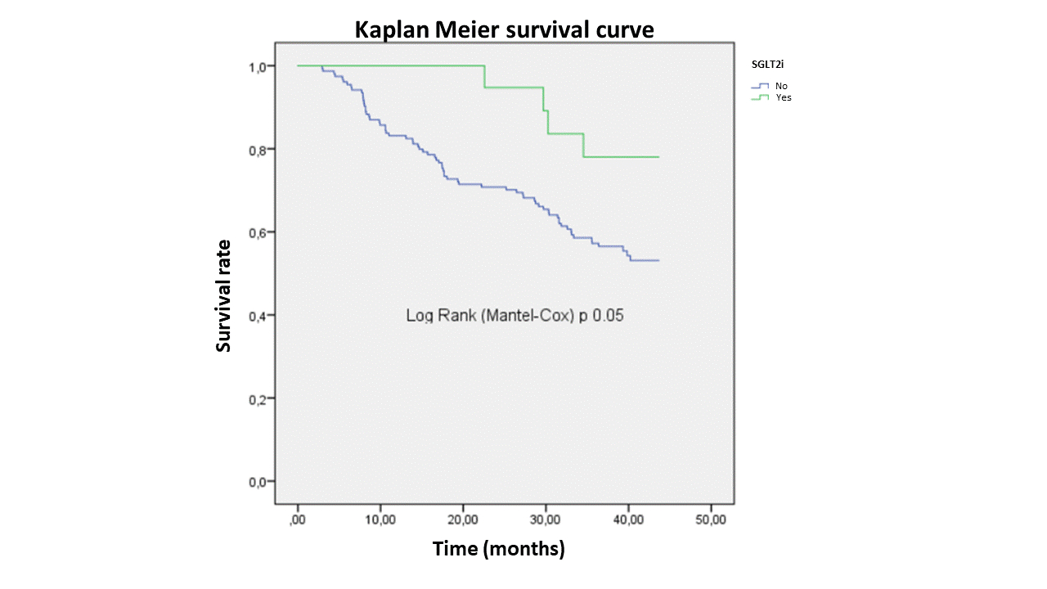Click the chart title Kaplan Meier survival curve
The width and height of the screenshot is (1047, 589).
pyautogui.click(x=504, y=29)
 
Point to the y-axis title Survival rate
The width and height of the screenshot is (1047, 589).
pyautogui.click(x=223, y=295)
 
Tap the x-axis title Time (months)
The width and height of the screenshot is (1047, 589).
pyautogui.click(x=498, y=548)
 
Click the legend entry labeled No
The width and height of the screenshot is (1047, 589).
pyautogui.click(x=782, y=86)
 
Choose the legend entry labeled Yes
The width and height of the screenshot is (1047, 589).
pyautogui.click(x=784, y=97)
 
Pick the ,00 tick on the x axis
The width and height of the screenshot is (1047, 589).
pyautogui.click(x=298, y=519)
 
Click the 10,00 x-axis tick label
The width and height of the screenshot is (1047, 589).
pyautogui.click(x=380, y=519)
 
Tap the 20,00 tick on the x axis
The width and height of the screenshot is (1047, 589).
pyautogui.click(x=463, y=519)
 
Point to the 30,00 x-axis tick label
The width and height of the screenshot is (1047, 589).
pyautogui.click(x=546, y=519)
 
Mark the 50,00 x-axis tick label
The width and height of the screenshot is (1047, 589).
pyautogui.click(x=711, y=519)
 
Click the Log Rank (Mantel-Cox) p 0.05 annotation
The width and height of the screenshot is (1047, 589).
pyautogui.click(x=515, y=316)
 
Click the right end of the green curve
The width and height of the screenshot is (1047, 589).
pyautogui.click(x=658, y=157)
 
